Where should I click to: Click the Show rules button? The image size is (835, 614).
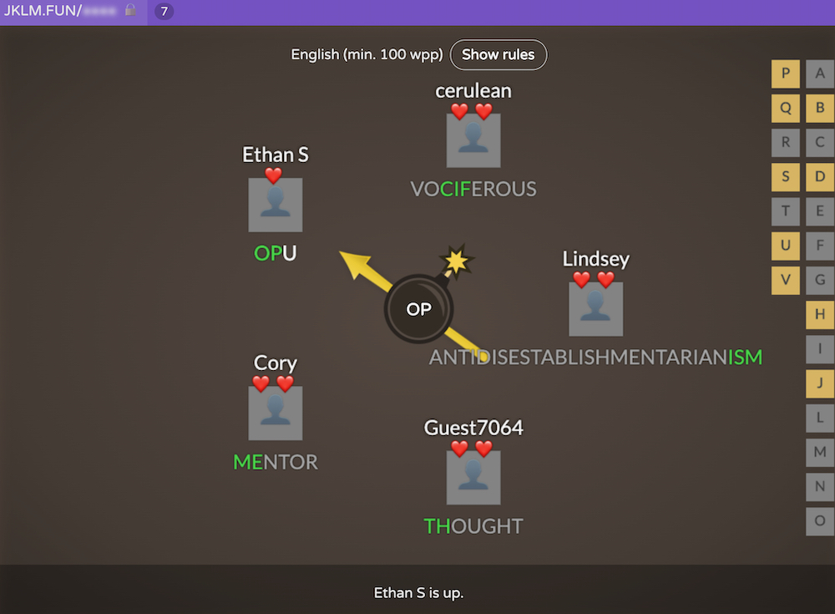[x=498, y=55]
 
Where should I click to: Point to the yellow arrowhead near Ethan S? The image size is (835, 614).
[x=351, y=260]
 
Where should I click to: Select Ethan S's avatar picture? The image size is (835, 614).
[x=276, y=205]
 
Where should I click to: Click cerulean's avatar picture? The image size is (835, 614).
[x=473, y=140]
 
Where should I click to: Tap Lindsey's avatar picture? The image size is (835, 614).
[x=595, y=308]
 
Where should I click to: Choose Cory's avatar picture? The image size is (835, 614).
[x=276, y=413]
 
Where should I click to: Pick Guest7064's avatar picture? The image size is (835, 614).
[x=473, y=477]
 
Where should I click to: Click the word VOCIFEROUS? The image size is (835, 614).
[x=473, y=190]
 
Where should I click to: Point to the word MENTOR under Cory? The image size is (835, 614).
[x=276, y=462]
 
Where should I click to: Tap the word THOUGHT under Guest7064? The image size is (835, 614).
[x=473, y=526]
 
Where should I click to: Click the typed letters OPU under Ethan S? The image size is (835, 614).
[x=276, y=253]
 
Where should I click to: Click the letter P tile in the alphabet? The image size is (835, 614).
[x=785, y=74]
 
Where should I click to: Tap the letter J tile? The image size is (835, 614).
[x=820, y=383]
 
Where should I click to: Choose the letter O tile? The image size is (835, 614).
[x=820, y=520]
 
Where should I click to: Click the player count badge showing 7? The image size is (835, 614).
[x=164, y=12]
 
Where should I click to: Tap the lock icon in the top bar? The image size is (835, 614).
[x=130, y=11]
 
